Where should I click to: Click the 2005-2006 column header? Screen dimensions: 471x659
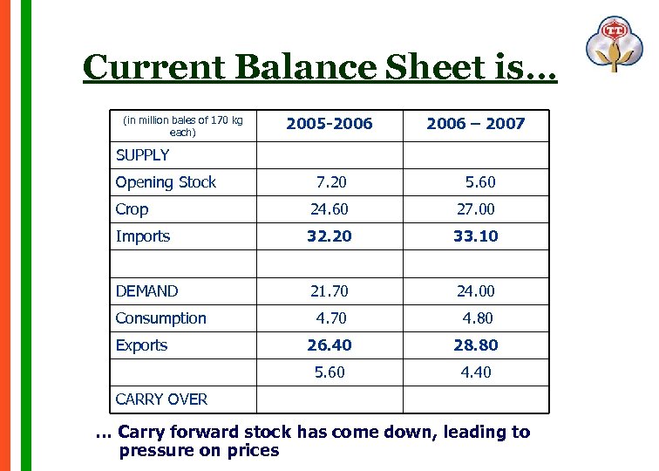pos(329,124)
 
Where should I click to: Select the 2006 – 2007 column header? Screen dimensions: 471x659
pos(475,124)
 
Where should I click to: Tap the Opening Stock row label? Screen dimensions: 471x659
pos(166,182)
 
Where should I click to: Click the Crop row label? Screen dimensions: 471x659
pos(132,209)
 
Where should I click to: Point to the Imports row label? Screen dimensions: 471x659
pos(142,236)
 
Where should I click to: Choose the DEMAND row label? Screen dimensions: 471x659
pos(146,291)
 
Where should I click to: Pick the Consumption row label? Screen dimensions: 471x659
pos(160,318)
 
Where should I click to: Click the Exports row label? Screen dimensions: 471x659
pos(141,345)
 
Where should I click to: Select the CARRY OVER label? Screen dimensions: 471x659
pos(161,399)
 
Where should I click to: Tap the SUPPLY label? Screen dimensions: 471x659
pos(142,155)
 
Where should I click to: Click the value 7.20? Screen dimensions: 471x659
pos(330,182)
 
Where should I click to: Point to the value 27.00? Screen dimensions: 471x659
pos(476,209)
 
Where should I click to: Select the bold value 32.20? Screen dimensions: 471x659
pos(329,236)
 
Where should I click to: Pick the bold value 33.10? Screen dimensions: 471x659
pos(476,236)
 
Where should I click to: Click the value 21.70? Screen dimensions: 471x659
pos(329,291)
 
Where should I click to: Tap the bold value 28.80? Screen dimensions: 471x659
pos(476,345)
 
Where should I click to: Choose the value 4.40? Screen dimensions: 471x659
pos(476,372)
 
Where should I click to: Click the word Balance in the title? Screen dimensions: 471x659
pos(291,67)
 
